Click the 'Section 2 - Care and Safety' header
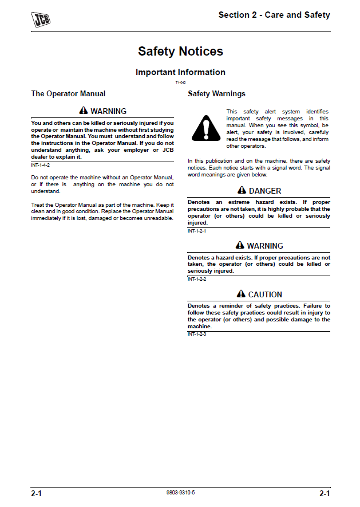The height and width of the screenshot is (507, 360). coord(274,15)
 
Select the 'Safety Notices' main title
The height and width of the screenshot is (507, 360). coord(180,52)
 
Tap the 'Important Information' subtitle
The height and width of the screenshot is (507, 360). coord(180,72)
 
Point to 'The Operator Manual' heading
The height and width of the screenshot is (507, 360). coord(68,93)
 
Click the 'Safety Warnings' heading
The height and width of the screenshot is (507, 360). coord(216,93)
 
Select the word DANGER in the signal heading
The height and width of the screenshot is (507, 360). coord(265,191)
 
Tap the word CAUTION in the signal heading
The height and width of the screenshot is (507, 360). coord(265,294)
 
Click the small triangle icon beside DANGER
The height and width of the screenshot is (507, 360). coord(242,190)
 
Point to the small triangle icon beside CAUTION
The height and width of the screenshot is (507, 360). coord(241,294)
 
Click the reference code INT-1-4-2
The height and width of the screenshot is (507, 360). coord(40,165)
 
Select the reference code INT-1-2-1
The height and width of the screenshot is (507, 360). coord(197,231)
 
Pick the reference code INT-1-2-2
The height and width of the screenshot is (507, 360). coord(197,278)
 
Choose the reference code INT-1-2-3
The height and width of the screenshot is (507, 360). coord(197,333)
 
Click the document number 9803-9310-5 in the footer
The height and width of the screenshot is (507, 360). coord(180,493)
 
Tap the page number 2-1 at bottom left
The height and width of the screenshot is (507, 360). coord(37,493)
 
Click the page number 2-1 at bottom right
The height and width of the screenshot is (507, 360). coord(325,493)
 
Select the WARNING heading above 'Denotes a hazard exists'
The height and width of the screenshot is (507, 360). coord(265,246)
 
